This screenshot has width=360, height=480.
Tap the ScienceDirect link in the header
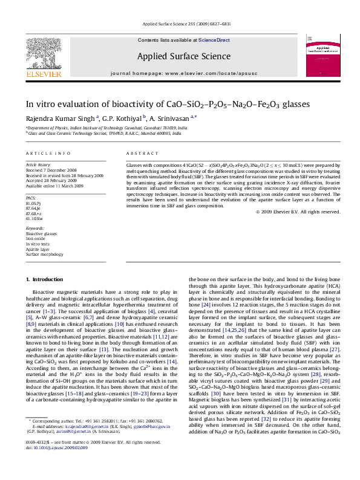214,40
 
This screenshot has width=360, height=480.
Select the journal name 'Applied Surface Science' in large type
184,56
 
